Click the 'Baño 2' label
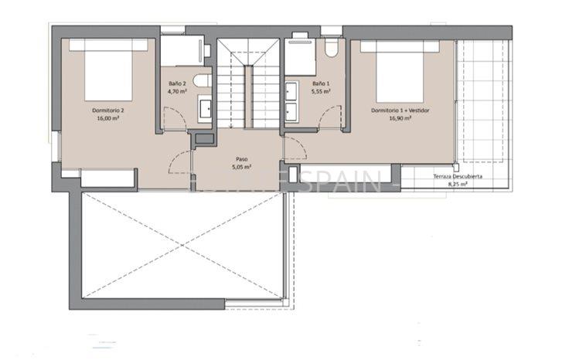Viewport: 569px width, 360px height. pyautogui.click(x=177, y=83)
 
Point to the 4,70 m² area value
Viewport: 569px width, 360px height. pyautogui.click(x=177, y=90)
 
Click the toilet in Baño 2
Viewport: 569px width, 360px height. pyautogui.click(x=201, y=80)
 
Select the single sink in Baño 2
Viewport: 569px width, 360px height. pyautogui.click(x=206, y=110)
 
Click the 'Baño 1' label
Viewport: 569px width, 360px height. pyautogui.click(x=321, y=83)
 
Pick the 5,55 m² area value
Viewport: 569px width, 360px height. pyautogui.click(x=321, y=90)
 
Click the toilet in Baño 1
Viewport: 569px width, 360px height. pyautogui.click(x=331, y=48)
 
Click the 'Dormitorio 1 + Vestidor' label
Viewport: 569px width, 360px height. pyautogui.click(x=400, y=110)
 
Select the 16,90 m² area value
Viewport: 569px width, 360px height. pyautogui.click(x=400, y=118)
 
